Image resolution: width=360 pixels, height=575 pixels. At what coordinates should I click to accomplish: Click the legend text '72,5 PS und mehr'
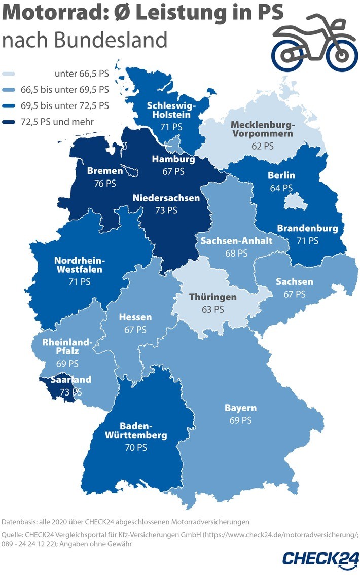64,121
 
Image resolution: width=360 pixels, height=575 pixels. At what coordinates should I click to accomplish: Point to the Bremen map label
105,171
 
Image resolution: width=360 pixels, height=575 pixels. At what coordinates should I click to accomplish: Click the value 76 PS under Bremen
104,183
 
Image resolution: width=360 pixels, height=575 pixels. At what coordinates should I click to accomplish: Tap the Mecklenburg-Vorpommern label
262,130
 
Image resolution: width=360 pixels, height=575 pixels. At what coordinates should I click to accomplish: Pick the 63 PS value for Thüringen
212,309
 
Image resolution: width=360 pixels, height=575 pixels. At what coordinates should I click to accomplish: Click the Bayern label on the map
240,408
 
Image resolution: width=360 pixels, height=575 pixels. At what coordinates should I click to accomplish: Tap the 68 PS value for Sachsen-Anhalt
237,253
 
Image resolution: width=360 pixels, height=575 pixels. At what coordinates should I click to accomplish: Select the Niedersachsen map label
166,198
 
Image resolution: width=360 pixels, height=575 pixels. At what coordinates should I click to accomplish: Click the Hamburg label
173,160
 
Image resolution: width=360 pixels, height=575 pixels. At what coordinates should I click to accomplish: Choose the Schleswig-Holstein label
168,110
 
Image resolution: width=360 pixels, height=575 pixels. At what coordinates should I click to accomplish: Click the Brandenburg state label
307,228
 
